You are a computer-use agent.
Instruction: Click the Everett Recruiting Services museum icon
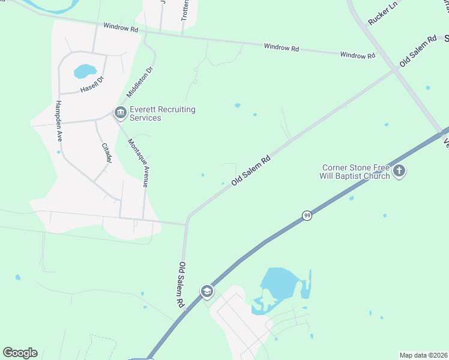tap(120, 112)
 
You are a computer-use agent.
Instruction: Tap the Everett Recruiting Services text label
tap(163, 113)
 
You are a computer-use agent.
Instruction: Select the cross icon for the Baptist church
tap(400, 172)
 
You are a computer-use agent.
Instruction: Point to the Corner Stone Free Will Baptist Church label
tap(356, 172)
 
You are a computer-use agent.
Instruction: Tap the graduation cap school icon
tap(207, 292)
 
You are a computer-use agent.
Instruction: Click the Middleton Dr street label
tap(140, 82)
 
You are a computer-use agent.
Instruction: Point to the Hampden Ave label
tap(59, 118)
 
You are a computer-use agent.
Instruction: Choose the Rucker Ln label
tap(383, 13)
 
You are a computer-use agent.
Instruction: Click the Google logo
tap(20, 353)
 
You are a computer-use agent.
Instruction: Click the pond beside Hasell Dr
tap(85, 71)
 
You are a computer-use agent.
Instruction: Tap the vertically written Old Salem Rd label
tap(179, 285)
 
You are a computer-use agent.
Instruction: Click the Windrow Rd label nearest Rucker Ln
tap(357, 55)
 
